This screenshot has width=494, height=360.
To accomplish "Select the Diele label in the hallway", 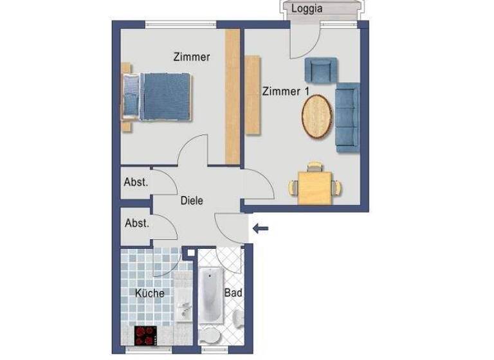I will coord(192,201).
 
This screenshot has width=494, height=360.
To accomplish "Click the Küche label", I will coord(150,293).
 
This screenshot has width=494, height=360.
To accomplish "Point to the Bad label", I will coord(232,292).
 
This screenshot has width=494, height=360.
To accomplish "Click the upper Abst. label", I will coord(136,182).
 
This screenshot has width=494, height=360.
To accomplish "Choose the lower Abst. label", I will coord(136,224).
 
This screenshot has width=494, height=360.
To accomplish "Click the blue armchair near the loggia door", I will coord(321,70).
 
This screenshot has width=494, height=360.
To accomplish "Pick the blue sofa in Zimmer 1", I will coord(347,118).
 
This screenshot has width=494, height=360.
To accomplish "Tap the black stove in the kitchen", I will coord(145,335).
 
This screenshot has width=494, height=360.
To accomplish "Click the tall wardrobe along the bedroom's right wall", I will coord(232,96).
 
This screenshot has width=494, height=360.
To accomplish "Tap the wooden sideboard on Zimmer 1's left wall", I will coord(252,95).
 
